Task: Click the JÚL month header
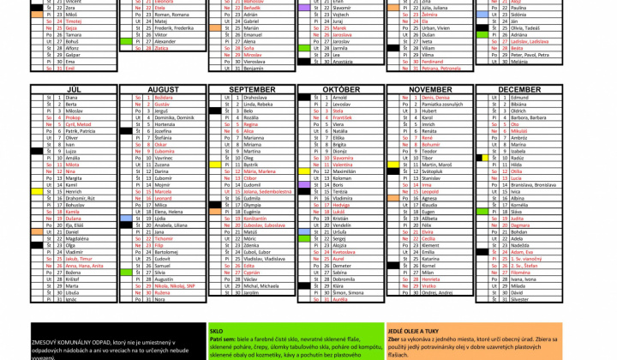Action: (74, 89)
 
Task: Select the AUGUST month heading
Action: (163, 89)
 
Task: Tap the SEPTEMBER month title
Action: (252, 89)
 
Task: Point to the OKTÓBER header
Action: (341, 89)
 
